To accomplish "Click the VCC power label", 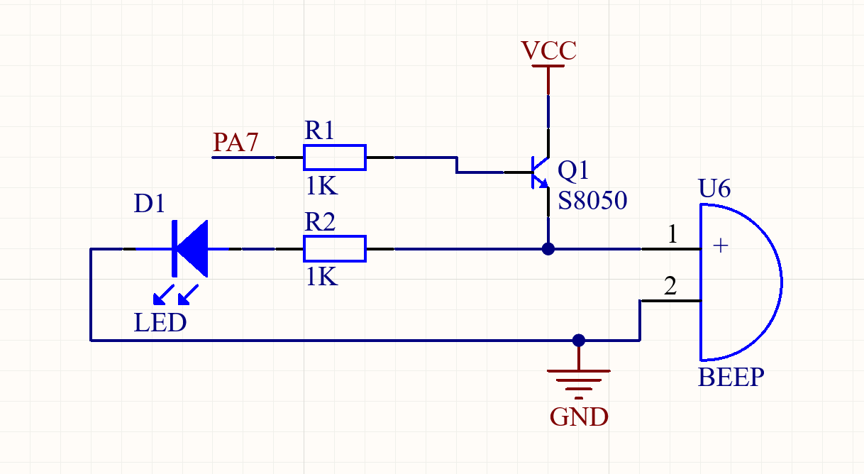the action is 548,50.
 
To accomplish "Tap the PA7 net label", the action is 236,143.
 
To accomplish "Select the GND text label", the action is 579,417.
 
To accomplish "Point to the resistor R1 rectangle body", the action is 335,158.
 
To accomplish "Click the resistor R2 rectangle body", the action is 335,249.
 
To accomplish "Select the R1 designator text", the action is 319,130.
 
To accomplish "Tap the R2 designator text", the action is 320,221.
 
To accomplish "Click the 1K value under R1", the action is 321,185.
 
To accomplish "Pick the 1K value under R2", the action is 321,277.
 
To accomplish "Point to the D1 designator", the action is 149,203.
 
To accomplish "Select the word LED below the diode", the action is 160,322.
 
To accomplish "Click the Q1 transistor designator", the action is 573,170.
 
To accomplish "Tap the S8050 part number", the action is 592,201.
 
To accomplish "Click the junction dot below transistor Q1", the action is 548,249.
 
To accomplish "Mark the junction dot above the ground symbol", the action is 579,340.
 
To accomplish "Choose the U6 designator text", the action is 714,189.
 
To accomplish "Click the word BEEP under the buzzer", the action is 731,377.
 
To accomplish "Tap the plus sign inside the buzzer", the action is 721,246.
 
